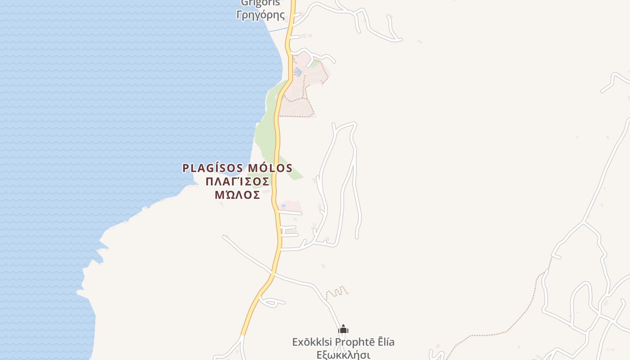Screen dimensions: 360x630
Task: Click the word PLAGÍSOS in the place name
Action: pos(209,168)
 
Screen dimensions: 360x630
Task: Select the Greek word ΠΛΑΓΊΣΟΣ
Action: pos(237,181)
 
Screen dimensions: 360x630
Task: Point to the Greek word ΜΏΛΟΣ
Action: pos(237,195)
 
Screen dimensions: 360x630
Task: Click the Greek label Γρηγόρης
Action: pos(261,15)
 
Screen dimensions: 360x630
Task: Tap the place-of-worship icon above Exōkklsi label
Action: pos(343,330)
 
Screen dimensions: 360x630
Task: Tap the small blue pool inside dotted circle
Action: pos(297,72)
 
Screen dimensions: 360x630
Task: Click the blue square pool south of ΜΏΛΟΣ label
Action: pos(283,206)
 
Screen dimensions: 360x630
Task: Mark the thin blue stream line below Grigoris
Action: pos(277,30)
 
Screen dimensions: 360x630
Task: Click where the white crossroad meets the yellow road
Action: pos(273,273)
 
